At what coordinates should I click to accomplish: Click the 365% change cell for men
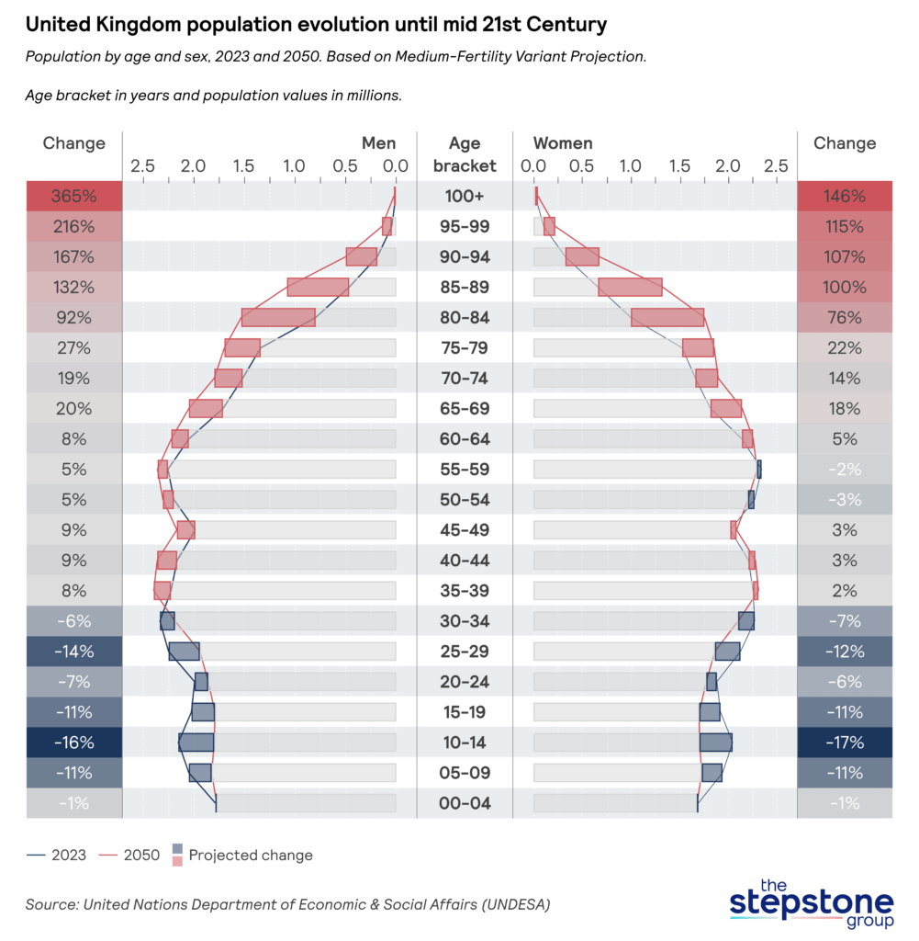[x=74, y=196]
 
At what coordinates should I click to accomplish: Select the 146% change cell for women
[x=845, y=196]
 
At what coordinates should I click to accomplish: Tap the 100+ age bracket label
[x=465, y=196]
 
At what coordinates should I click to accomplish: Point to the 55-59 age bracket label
[x=465, y=470]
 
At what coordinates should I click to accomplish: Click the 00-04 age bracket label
[x=465, y=803]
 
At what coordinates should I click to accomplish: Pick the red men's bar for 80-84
[x=278, y=317]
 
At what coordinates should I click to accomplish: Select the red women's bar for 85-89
[x=630, y=287]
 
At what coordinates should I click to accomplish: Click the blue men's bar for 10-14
[x=196, y=743]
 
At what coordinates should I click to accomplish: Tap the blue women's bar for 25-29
[x=728, y=652]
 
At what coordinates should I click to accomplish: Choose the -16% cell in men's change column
[x=74, y=743]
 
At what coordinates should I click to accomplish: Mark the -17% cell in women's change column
[x=845, y=743]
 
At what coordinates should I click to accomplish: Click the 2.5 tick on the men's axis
[x=142, y=166]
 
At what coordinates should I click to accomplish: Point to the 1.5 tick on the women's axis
[x=678, y=166]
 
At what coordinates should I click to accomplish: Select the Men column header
[x=379, y=143]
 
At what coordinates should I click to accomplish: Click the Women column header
[x=563, y=143]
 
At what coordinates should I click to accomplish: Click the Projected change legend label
[x=251, y=856]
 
